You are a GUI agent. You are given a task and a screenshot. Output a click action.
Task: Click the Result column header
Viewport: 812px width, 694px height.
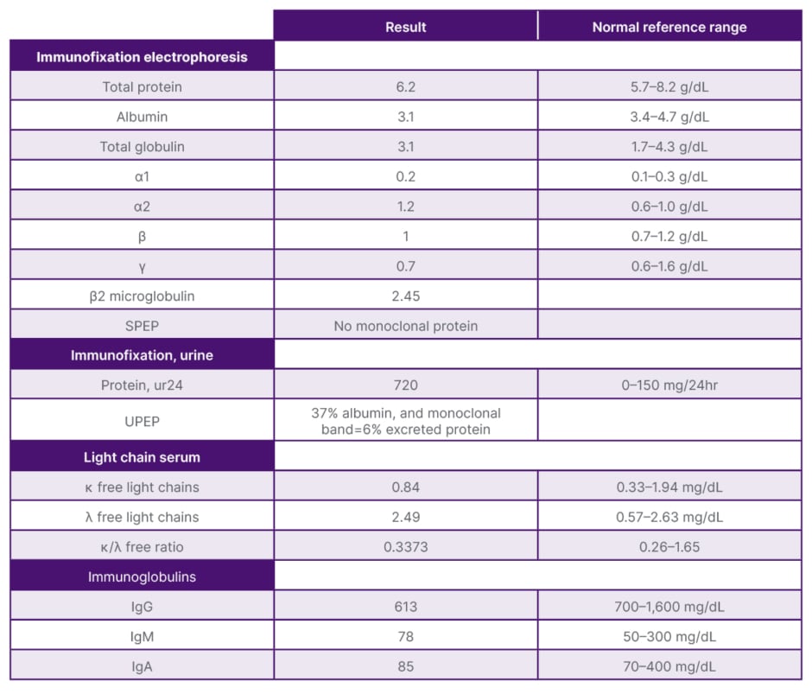405,27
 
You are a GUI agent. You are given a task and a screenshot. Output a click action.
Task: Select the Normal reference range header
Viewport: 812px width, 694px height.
669,27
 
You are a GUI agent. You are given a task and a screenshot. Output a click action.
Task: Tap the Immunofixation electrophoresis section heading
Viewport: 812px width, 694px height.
142,57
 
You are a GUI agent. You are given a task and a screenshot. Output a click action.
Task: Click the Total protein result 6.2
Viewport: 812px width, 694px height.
405,87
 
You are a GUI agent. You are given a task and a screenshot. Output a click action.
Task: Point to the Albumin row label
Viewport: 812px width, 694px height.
142,117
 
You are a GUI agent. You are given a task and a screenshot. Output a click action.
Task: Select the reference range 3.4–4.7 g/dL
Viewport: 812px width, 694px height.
669,117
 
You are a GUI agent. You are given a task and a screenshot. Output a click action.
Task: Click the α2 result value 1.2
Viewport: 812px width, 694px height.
405,207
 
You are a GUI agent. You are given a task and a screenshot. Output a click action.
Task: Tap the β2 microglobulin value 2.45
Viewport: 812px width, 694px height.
405,296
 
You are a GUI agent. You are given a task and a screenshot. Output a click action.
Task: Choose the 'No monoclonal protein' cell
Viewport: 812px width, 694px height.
405,326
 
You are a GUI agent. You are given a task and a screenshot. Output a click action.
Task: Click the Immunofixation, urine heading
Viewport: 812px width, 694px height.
142,355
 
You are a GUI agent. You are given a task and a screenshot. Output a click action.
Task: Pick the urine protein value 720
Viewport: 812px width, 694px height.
405,385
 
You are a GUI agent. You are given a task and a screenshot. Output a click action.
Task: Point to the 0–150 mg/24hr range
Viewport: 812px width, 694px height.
669,385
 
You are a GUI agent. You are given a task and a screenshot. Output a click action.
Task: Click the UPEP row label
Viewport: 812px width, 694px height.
142,421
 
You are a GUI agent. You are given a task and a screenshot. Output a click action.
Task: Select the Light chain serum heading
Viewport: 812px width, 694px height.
142,457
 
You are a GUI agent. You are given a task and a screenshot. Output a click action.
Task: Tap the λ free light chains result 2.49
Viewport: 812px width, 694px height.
405,517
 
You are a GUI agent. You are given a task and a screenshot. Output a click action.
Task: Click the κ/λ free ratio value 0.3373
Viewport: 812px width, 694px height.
405,547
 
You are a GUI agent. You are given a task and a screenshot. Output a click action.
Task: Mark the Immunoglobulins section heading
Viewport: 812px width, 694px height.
142,576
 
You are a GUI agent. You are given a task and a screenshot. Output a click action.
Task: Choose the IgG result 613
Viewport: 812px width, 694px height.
405,607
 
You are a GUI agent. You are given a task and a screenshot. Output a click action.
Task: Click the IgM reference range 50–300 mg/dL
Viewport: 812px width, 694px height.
669,637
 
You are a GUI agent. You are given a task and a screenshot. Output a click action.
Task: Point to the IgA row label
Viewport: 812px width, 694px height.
142,666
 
